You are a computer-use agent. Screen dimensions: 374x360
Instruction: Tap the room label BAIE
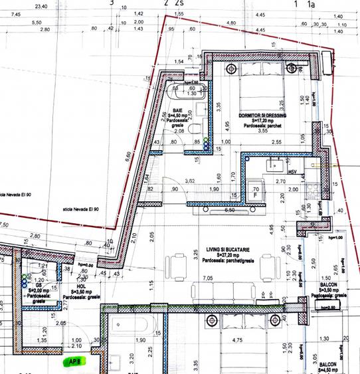[x=177, y=110]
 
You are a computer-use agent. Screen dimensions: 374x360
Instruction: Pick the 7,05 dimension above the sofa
[x=207, y=278]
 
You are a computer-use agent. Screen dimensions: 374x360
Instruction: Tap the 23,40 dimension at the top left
[x=41, y=5]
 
